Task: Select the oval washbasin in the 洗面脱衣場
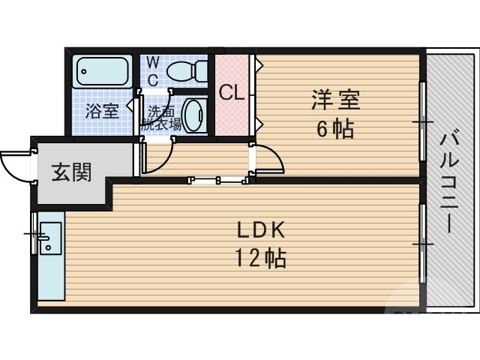193,115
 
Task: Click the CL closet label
231,93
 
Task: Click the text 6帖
334,128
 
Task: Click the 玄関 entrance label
71,172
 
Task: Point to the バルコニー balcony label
450,180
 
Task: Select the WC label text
152,70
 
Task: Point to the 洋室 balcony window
422,120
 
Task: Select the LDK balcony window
422,243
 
